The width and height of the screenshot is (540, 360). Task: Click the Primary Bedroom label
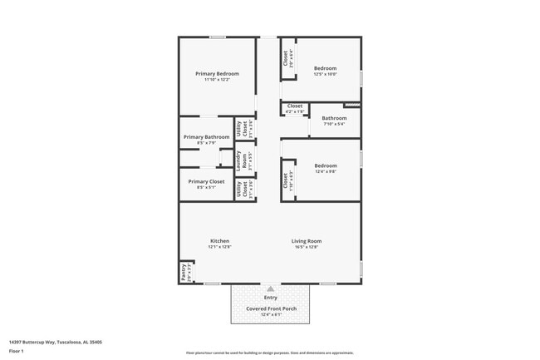(218, 73)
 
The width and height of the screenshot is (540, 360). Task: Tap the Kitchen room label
(219, 241)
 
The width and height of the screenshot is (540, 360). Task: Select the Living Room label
(306, 241)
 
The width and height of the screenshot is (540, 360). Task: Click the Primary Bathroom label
(206, 137)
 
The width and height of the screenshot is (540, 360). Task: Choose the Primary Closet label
(206, 181)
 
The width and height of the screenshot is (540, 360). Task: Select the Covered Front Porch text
(271, 308)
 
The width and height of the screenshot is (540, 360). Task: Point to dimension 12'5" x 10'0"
(325, 74)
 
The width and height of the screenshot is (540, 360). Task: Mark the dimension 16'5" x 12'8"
(306, 247)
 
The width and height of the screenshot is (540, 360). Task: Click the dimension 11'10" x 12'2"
(218, 79)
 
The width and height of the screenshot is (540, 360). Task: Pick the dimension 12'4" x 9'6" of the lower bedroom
(326, 172)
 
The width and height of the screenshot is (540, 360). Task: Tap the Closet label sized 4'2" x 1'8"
(295, 106)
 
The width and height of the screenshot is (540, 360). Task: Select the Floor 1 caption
(17, 351)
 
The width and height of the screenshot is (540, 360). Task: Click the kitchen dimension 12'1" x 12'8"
(219, 247)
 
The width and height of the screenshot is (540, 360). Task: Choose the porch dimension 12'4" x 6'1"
(271, 314)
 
